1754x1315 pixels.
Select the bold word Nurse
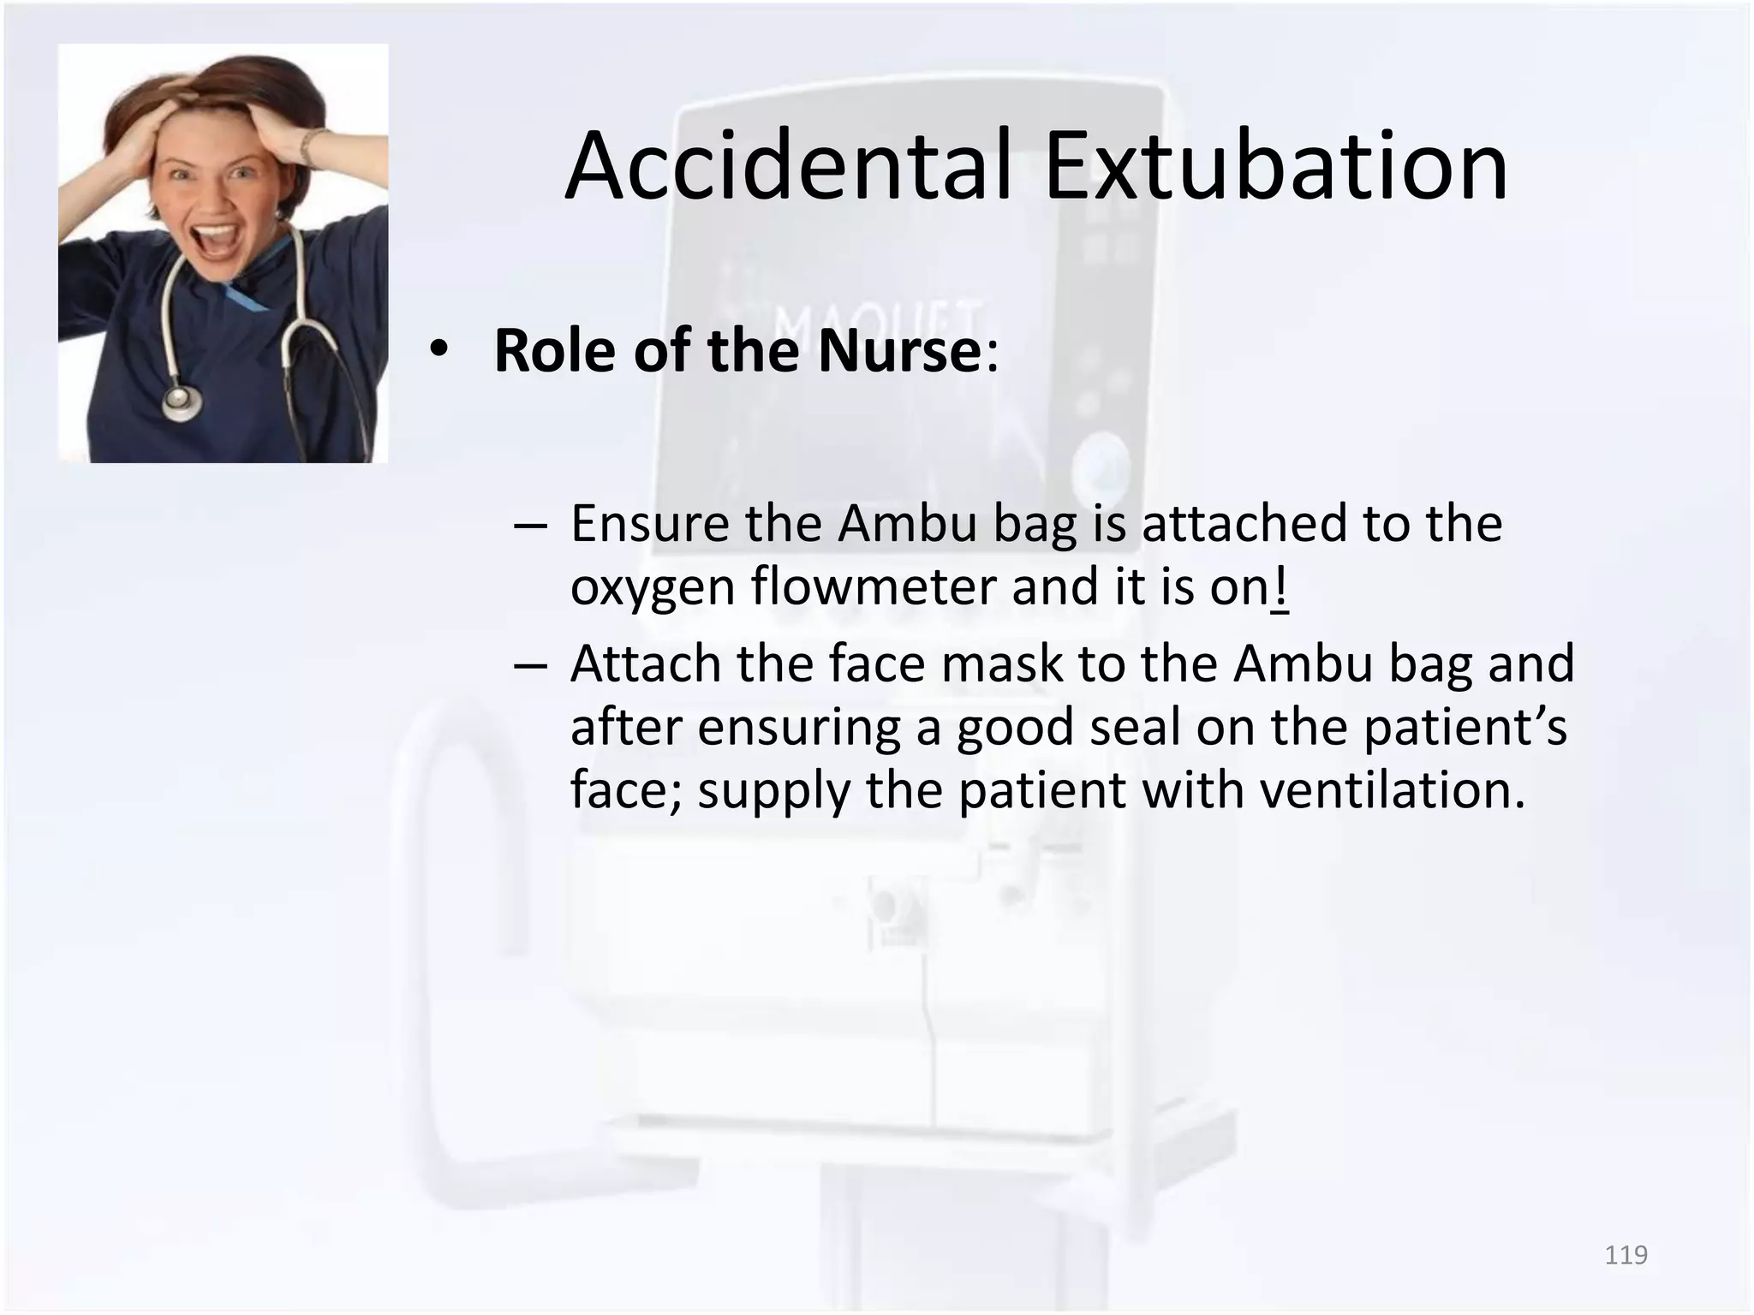(x=898, y=351)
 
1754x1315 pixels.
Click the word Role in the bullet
(x=554, y=351)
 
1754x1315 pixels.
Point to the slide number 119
(x=1626, y=1255)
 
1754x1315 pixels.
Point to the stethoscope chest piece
(x=182, y=402)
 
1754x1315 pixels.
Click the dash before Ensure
(x=531, y=524)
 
